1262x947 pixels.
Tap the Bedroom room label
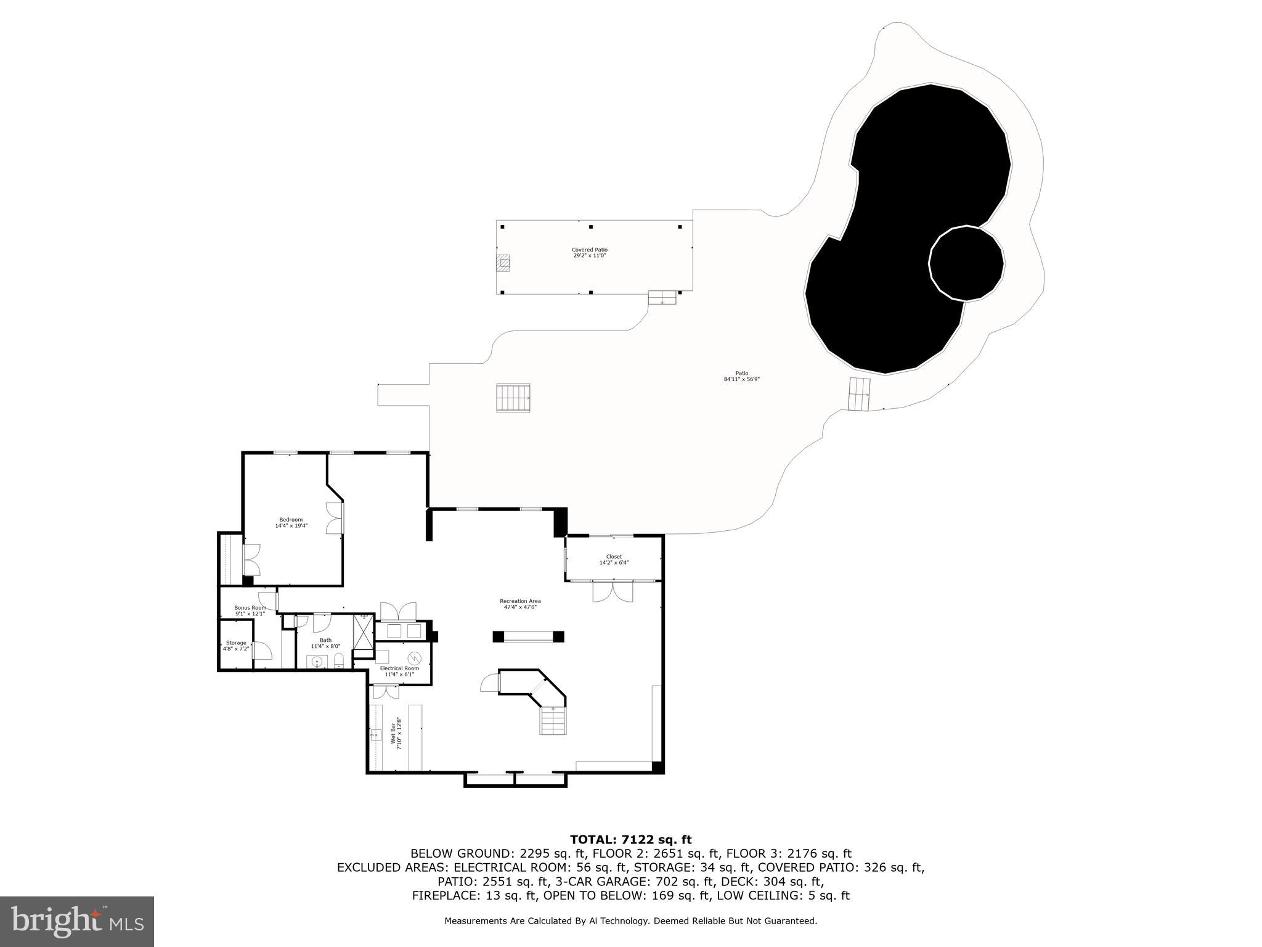pyautogui.click(x=291, y=522)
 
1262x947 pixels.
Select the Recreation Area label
pyautogui.click(x=520, y=604)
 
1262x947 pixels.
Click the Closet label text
pyautogui.click(x=614, y=559)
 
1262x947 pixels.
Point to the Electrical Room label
pyautogui.click(x=399, y=671)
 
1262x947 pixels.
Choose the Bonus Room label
pyautogui.click(x=250, y=610)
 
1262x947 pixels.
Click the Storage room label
pyautogui.click(x=236, y=646)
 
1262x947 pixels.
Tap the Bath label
pyautogui.click(x=325, y=643)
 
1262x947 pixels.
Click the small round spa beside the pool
pyautogui.click(x=966, y=263)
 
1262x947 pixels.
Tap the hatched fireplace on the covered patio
pyautogui.click(x=503, y=263)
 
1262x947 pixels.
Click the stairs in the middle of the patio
pyautogui.click(x=513, y=398)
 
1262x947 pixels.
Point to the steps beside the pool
pyautogui.click(x=860, y=394)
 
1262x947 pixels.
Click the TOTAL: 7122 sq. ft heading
pyautogui.click(x=630, y=839)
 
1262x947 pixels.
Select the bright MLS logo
pyautogui.click(x=76, y=922)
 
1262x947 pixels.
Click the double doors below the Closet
pyautogui.click(x=613, y=591)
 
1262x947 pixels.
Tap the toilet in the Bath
pyautogui.click(x=338, y=662)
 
